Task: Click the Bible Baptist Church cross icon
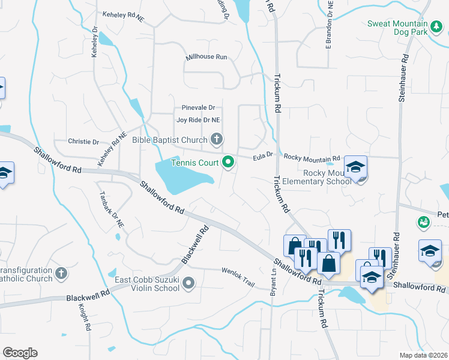[x=217, y=140]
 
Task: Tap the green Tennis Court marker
[x=228, y=162]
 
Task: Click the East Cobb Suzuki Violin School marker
[x=189, y=283]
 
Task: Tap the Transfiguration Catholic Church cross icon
[x=60, y=274]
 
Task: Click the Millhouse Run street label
[x=206, y=57]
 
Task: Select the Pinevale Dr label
[x=198, y=108]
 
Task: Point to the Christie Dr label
[x=83, y=142]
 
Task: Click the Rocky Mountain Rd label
[x=312, y=156]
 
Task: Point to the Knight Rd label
[x=83, y=317]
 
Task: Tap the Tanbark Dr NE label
[x=111, y=206]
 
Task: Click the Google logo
[x=20, y=353]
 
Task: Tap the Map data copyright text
[x=423, y=355]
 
